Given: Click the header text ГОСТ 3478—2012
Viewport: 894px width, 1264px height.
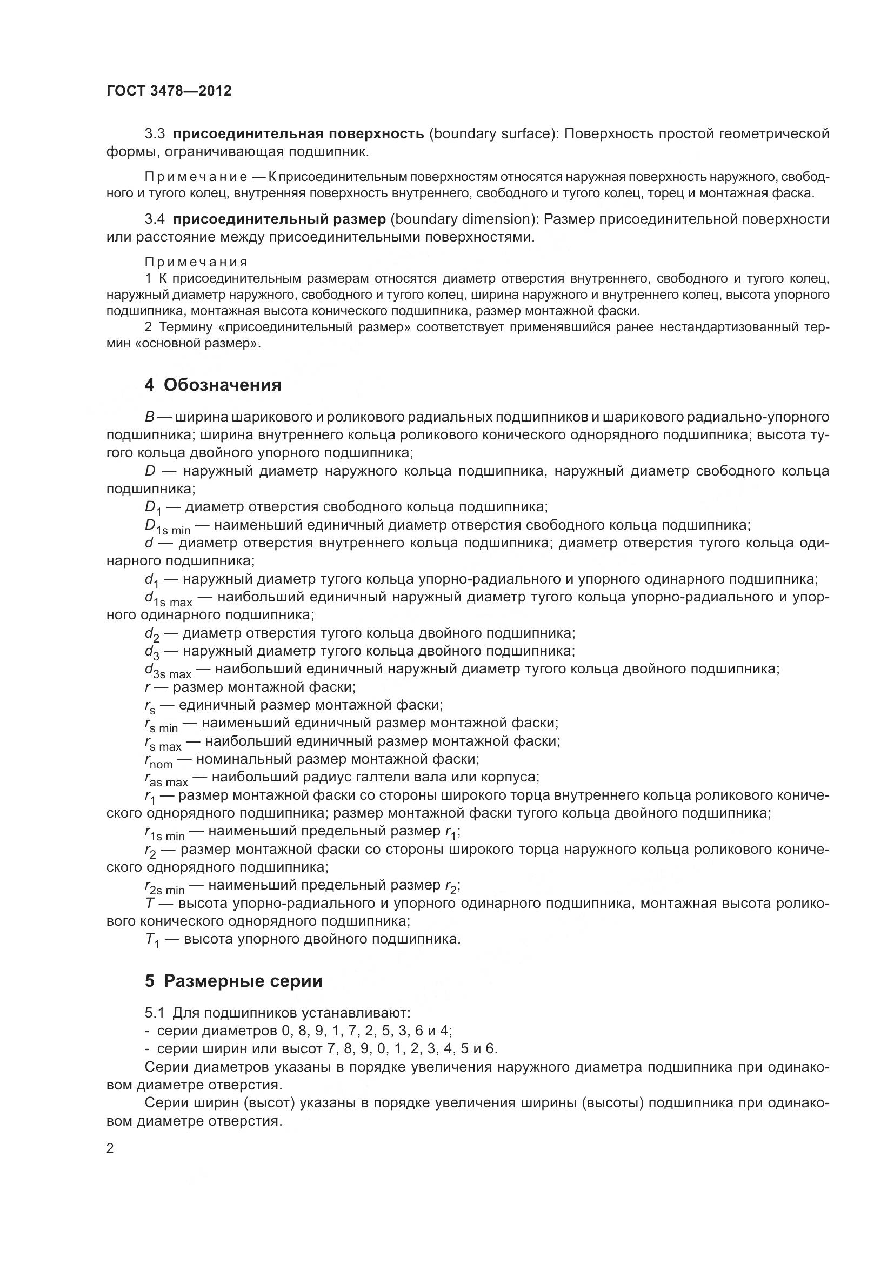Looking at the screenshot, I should coord(169,91).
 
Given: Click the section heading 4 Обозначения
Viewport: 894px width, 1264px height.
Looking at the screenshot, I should coord(212,385).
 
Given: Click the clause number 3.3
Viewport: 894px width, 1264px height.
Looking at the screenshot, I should coord(155,134).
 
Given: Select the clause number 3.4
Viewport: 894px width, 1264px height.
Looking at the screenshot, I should coord(155,219).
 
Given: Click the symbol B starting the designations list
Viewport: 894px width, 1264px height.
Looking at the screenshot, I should coord(149,417).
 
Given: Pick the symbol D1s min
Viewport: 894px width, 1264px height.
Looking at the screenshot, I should coord(168,526).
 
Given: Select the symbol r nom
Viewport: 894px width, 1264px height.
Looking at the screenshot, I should coord(158,761).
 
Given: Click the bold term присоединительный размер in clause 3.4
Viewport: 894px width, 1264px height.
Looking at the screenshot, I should coord(279,219).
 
